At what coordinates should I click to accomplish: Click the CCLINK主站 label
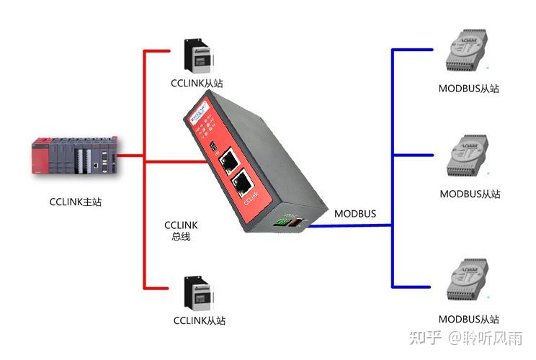click(76, 202)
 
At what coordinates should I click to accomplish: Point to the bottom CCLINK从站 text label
click(200, 320)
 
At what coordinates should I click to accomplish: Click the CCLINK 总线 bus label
click(181, 230)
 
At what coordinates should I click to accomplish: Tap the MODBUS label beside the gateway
click(354, 214)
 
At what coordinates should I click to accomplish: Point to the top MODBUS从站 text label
click(469, 89)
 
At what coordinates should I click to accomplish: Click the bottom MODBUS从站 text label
click(469, 318)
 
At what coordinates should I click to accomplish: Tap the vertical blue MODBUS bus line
click(392, 173)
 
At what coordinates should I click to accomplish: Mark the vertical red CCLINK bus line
click(146, 173)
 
